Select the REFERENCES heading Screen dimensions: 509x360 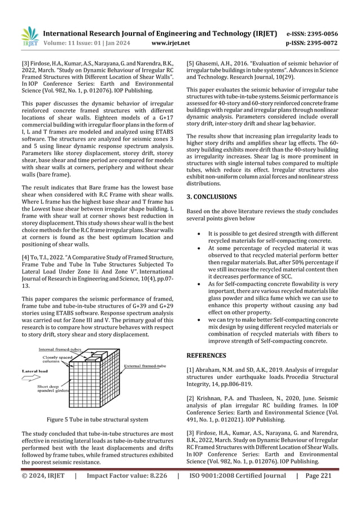(x=207, y=356)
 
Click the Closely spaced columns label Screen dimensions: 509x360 (x=55, y=359)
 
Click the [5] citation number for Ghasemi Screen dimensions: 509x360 (x=191, y=63)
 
